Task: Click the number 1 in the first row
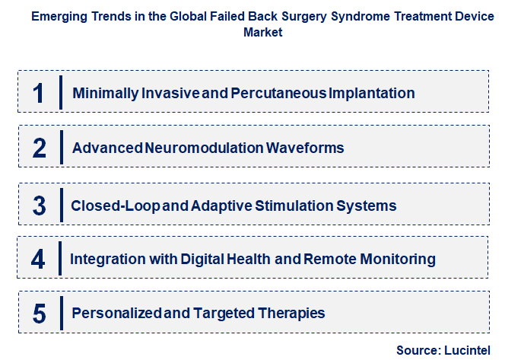39,93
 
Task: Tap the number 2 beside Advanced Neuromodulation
40,148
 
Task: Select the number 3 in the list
40,205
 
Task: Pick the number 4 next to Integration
39,260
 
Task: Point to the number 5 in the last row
40,314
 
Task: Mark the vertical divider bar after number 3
61,205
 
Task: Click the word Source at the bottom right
419,350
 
